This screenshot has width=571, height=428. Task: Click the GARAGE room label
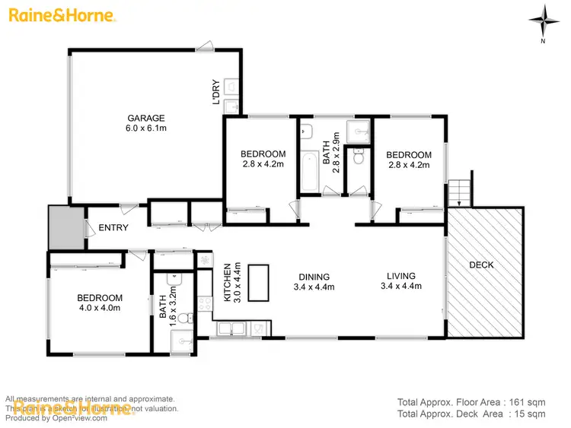coord(146,118)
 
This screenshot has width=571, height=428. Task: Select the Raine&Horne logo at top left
coord(62,15)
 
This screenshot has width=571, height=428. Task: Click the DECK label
coord(481,265)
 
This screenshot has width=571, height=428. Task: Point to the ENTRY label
coord(113,227)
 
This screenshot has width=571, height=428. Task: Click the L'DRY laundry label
coord(216,92)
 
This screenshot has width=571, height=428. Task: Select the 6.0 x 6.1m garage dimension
coord(146,128)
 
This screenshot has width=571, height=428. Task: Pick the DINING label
coord(314,277)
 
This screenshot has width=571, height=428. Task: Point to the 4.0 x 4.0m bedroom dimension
coord(100,307)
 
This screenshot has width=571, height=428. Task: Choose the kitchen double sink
coord(231,329)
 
